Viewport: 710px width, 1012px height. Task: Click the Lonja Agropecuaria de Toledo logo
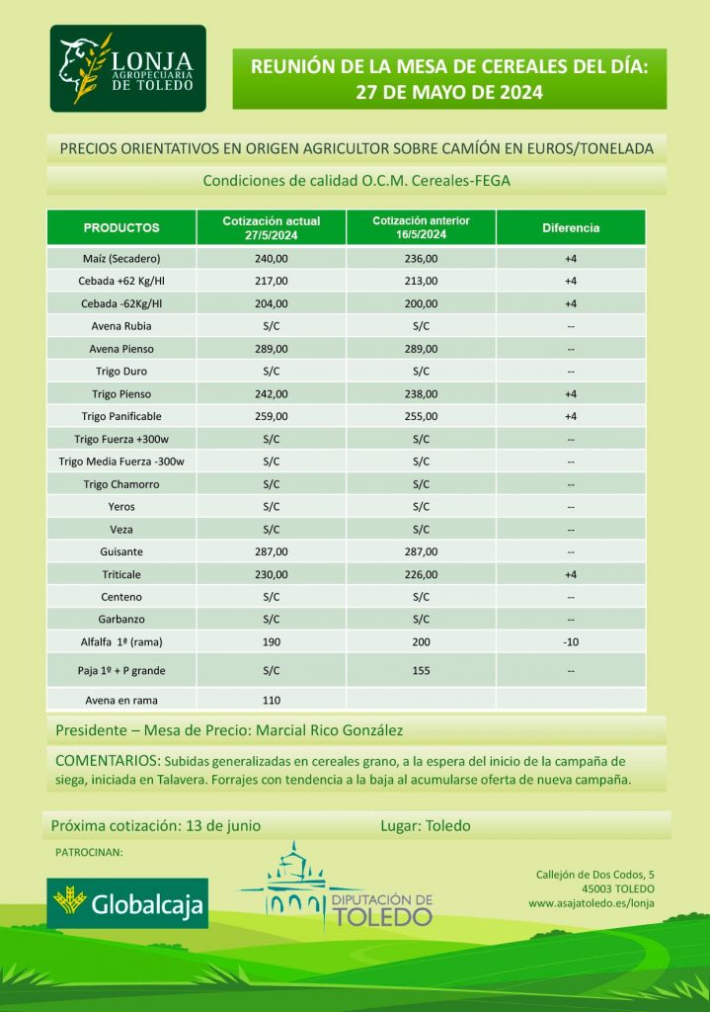[128, 68]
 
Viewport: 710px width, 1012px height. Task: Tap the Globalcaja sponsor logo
[128, 902]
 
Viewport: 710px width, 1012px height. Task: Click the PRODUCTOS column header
[121, 227]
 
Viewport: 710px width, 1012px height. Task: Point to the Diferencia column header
[571, 227]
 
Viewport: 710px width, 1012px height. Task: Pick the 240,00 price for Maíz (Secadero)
[272, 259]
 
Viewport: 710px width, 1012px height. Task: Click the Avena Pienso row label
[121, 349]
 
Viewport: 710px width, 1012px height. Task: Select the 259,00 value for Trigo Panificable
[272, 416]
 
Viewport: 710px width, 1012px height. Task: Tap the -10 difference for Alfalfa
[571, 641]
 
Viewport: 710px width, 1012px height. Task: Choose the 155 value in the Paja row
[422, 670]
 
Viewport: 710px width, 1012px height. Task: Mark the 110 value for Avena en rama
[272, 700]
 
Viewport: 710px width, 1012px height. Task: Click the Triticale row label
[121, 574]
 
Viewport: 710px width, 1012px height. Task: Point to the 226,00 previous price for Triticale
[422, 574]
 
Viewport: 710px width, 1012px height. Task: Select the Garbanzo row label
[121, 620]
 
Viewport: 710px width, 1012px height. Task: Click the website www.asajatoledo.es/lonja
[591, 902]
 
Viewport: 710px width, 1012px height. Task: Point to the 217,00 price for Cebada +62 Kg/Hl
[272, 282]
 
